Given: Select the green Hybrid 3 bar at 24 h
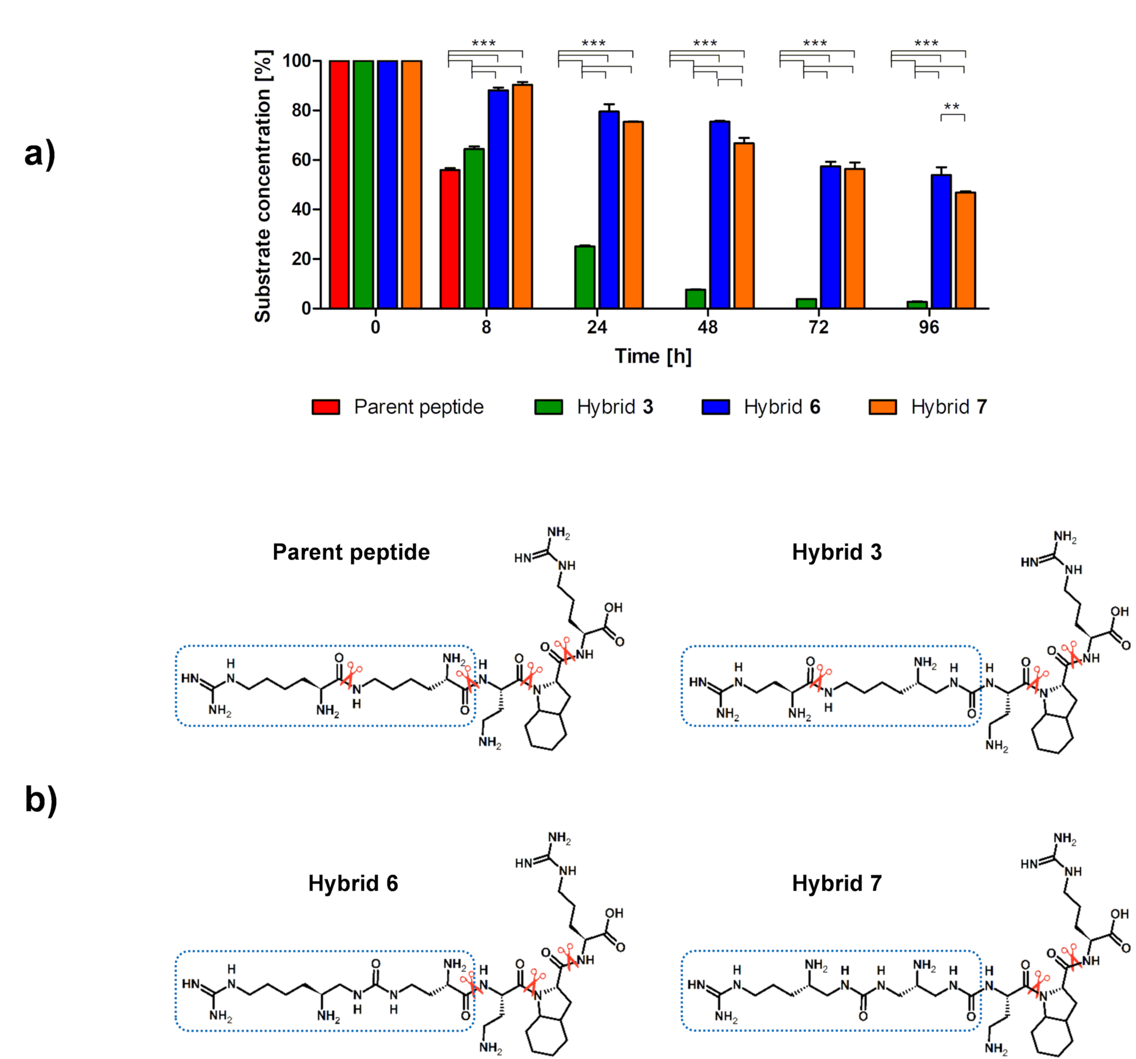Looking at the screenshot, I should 585,277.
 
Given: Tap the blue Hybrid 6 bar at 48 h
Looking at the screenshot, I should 719,215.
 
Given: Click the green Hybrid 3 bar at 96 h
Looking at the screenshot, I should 917,305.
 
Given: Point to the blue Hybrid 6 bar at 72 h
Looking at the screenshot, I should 830,237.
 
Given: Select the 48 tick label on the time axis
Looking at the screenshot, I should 707,328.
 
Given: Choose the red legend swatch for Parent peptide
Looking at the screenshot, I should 326,407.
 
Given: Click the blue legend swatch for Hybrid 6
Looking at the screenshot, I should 715,407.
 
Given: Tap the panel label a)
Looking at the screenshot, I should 40,154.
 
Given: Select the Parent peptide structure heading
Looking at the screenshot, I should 351,552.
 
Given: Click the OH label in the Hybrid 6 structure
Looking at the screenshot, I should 614,913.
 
